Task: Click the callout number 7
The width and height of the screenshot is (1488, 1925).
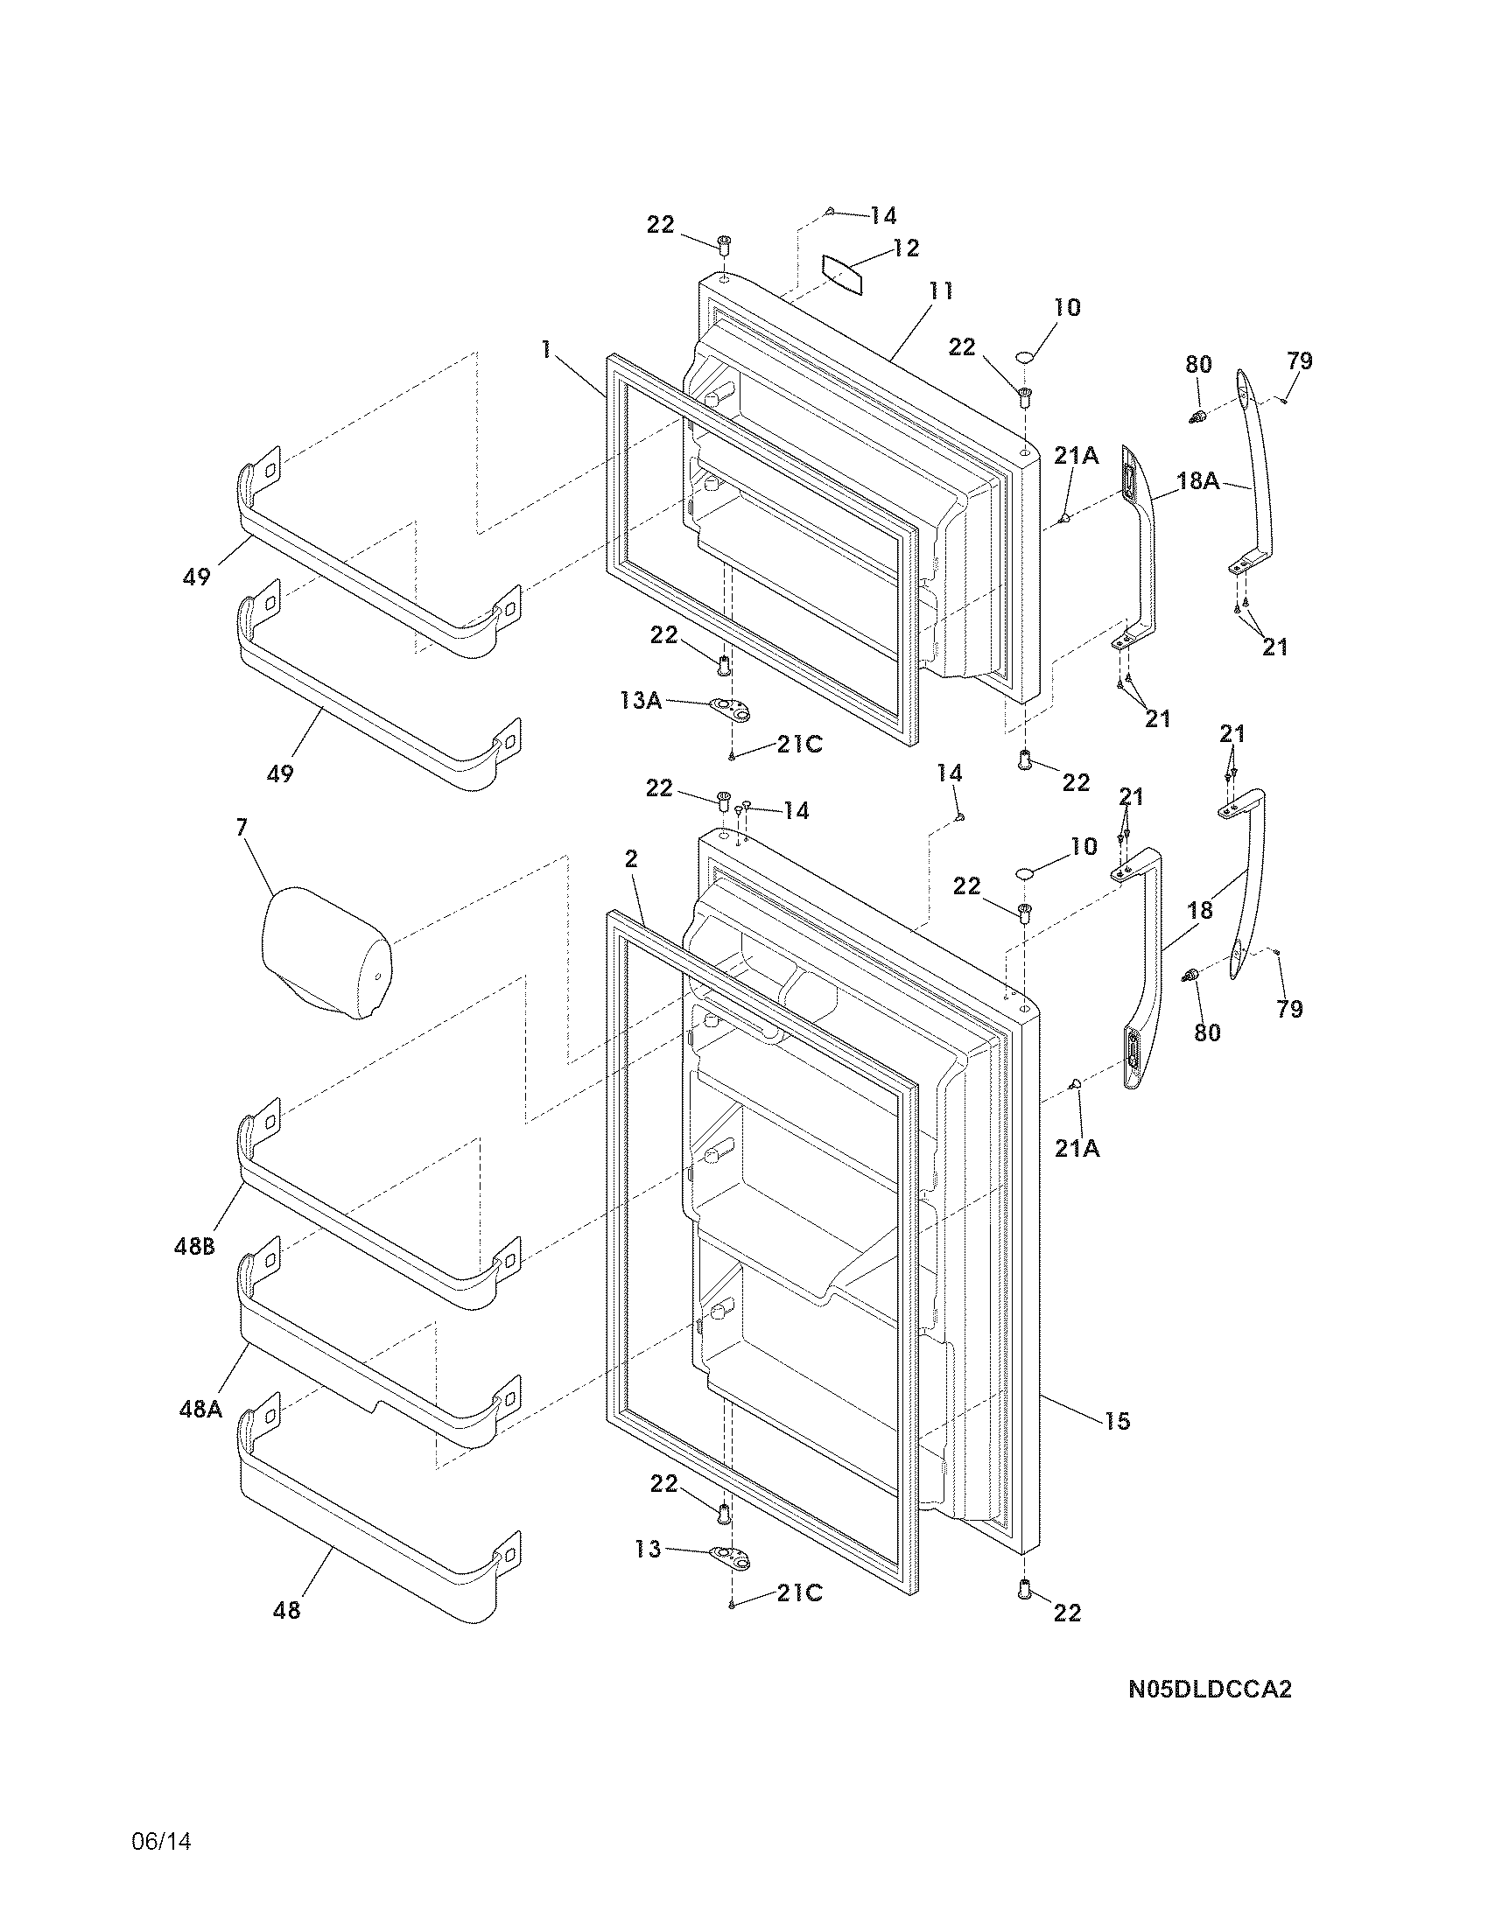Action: (242, 827)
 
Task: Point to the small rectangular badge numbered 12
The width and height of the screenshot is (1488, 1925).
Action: (843, 275)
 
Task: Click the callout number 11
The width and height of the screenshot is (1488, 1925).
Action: (941, 291)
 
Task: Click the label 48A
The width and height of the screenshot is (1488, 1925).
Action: (200, 1410)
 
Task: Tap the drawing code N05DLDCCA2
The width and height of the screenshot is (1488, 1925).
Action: (1210, 1690)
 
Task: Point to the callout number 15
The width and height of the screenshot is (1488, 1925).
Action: (1116, 1421)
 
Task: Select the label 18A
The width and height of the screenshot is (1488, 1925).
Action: (1198, 480)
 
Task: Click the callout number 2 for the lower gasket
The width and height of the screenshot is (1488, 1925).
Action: (631, 858)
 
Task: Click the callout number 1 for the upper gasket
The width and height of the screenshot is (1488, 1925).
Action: (546, 350)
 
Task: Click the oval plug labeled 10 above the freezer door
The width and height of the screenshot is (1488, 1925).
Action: (1025, 357)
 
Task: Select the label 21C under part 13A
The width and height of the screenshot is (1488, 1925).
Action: (798, 745)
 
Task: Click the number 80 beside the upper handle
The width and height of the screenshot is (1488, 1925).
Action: (1198, 364)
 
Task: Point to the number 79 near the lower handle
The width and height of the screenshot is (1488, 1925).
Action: (1288, 1009)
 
